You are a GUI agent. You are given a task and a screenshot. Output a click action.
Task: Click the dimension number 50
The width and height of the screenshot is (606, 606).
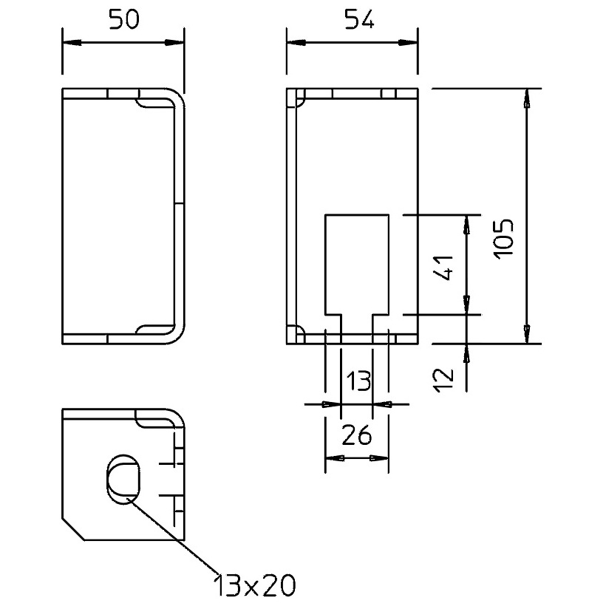click(x=123, y=20)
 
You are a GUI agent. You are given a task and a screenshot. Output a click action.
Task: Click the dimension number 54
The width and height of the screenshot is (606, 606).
click(x=359, y=20)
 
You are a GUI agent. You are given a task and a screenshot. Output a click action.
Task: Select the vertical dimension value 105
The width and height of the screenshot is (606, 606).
click(x=504, y=239)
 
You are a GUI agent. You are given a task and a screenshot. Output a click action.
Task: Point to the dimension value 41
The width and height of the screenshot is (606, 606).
click(x=443, y=268)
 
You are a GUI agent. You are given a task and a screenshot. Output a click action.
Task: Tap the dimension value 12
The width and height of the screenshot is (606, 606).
click(x=443, y=381)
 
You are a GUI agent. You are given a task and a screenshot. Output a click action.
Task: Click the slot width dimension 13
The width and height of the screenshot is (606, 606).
click(x=358, y=381)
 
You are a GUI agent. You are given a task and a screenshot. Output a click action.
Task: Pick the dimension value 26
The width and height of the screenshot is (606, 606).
click(x=357, y=435)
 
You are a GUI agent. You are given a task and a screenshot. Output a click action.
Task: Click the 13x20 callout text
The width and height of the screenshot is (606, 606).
click(x=255, y=585)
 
